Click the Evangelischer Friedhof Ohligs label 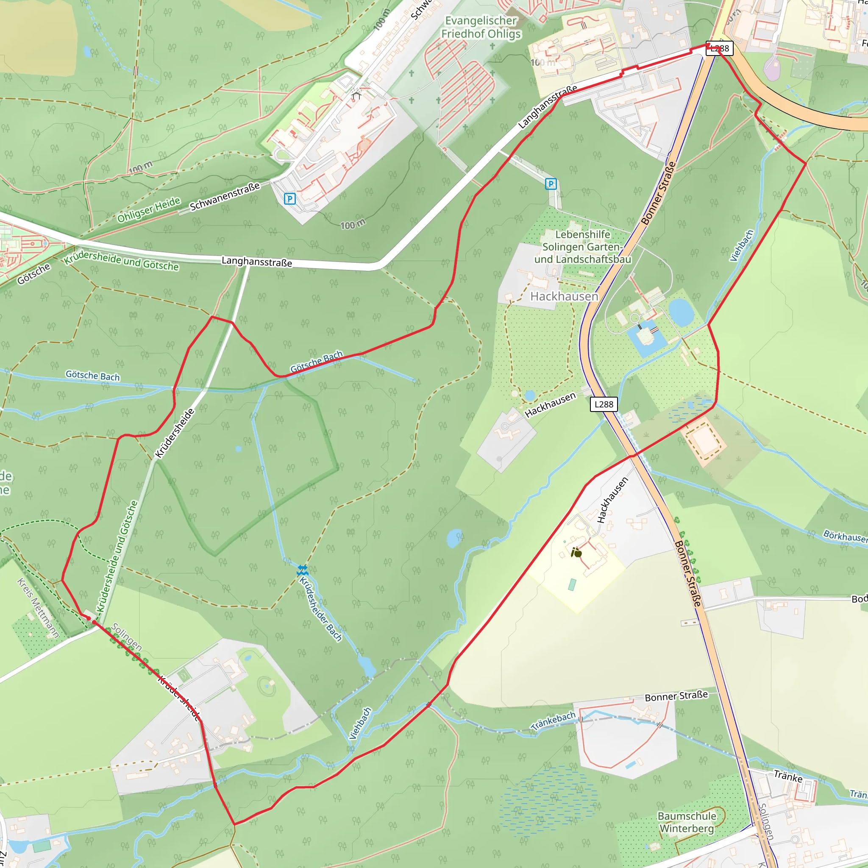[481, 27]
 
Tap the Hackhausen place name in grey [564, 296]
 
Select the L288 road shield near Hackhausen [604, 404]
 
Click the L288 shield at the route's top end [719, 48]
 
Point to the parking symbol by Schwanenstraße [290, 199]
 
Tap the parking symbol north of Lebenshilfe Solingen [551, 184]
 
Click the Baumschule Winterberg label [687, 822]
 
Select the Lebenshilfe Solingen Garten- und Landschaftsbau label [583, 247]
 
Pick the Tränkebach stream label [553, 721]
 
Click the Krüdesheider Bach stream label [321, 609]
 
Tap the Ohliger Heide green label [149, 210]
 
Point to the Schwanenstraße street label [225, 196]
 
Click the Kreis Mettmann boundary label [38, 607]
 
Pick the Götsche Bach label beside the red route [316, 361]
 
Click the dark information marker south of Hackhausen [576, 553]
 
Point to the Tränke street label [788, 777]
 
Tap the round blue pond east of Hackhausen [681, 312]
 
